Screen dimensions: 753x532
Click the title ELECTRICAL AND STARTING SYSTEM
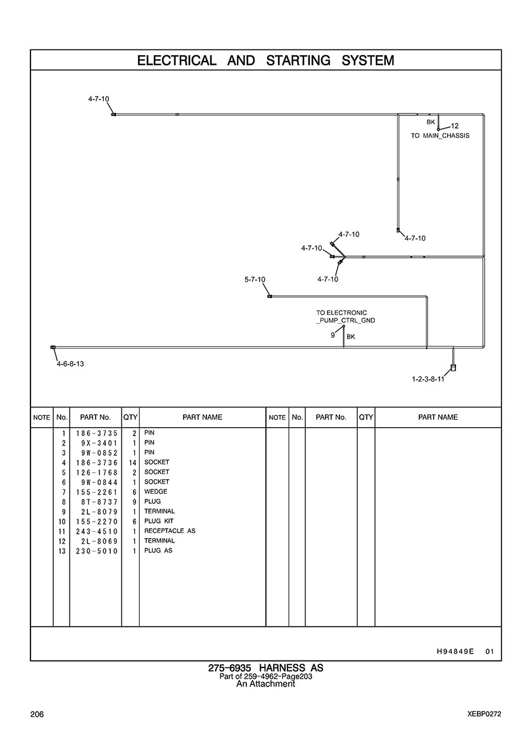click(x=265, y=61)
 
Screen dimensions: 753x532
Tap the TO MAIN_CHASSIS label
click(x=440, y=136)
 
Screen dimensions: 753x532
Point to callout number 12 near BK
click(x=455, y=125)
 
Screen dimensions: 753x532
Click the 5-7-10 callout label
click(x=255, y=280)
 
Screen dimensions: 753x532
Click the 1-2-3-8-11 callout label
click(x=428, y=380)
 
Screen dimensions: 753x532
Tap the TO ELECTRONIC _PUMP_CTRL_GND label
click(x=345, y=317)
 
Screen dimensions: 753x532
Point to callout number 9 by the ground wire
click(x=332, y=335)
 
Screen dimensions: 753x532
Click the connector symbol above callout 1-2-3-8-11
click(x=453, y=368)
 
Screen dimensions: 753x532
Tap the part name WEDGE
click(x=156, y=492)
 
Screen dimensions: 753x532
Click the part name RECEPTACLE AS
click(x=170, y=531)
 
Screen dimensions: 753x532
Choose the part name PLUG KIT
click(x=159, y=521)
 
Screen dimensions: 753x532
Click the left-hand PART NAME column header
click(x=202, y=418)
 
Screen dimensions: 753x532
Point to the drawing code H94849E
click(x=455, y=651)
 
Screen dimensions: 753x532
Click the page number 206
click(x=37, y=714)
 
